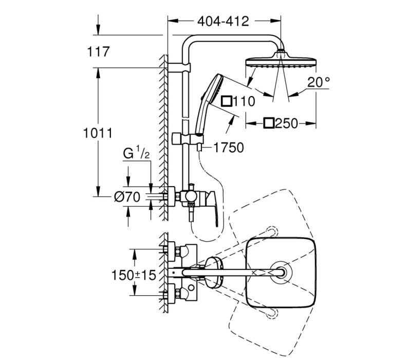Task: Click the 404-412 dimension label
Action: click(223, 21)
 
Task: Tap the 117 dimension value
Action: click(98, 51)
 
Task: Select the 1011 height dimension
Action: click(98, 133)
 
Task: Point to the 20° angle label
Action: click(319, 82)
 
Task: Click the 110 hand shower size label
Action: click(244, 101)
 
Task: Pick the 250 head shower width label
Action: click(287, 123)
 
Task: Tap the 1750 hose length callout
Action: click(229, 148)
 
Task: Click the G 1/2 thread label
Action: click(136, 154)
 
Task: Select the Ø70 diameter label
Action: click(127, 196)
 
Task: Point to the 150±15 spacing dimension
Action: click(134, 275)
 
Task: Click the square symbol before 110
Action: click(227, 101)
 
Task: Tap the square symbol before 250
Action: click(269, 123)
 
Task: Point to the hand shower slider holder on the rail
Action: click(188, 138)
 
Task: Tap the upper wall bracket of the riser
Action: click(179, 67)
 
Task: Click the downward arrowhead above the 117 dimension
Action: click(98, 29)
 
